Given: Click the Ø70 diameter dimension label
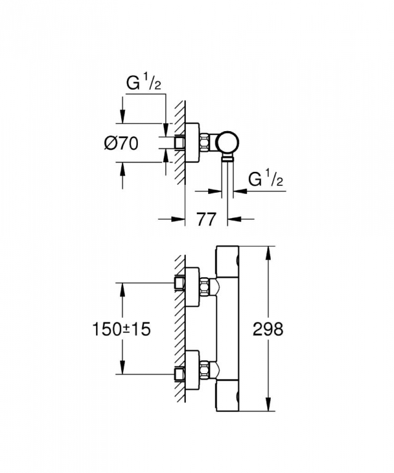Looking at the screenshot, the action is click(x=121, y=144).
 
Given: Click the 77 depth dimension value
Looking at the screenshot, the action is click(x=207, y=219).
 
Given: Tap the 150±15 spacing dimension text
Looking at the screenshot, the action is click(x=121, y=329).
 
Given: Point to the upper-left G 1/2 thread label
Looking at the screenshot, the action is click(x=143, y=83).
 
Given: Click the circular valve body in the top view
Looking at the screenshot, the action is click(x=229, y=142).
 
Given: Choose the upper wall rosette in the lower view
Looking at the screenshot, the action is click(x=192, y=286).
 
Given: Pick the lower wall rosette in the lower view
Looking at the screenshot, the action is click(x=192, y=370).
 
